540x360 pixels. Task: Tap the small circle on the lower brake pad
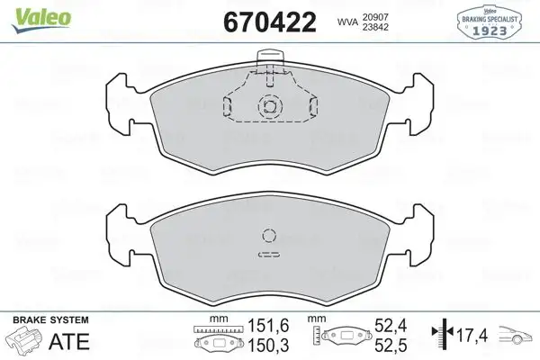tap(268, 237)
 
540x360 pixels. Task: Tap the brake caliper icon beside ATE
tap(23, 343)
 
